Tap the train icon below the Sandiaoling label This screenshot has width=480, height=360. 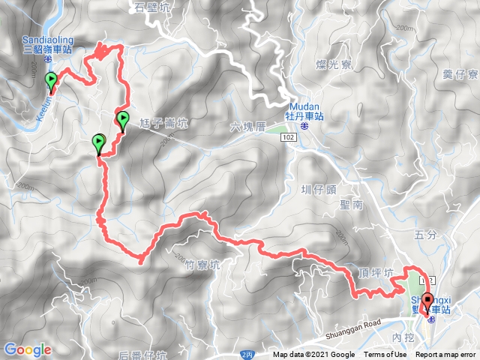tap(46, 57)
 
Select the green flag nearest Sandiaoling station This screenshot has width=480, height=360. tap(51, 80)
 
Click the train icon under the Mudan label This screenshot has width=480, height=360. tap(305, 127)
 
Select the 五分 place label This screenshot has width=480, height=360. tap(424, 235)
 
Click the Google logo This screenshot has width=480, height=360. tap(28, 349)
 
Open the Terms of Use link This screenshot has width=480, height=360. tap(385, 355)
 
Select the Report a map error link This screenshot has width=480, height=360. tap(446, 355)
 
